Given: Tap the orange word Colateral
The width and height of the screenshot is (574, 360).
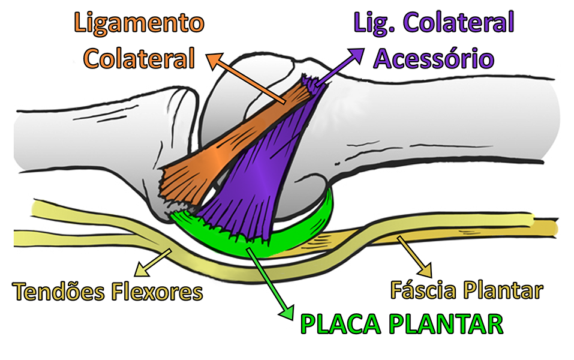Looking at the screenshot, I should pos(139,59).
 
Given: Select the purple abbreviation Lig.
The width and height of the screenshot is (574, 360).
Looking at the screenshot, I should pos(375,25).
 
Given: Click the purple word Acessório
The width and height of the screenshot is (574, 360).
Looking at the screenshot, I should pos(434,59).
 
